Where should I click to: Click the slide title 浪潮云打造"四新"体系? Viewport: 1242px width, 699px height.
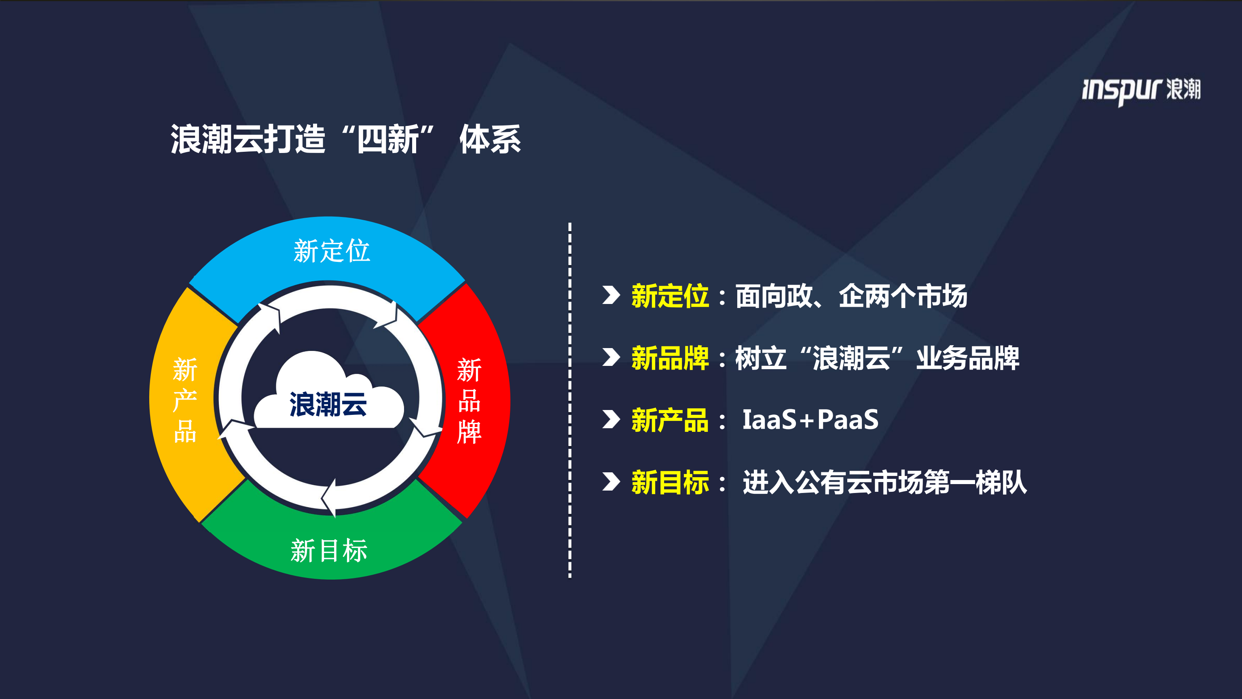coord(345,139)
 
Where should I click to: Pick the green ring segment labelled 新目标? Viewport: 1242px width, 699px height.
coord(329,550)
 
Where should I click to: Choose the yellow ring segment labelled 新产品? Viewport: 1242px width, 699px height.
coord(185,400)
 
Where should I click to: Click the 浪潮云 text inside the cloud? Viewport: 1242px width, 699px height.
coord(328,404)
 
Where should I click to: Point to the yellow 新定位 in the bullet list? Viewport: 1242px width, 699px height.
coord(670,296)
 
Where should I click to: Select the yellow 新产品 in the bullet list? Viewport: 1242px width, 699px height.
coord(670,420)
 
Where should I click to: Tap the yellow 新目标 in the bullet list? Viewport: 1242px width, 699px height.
coord(670,482)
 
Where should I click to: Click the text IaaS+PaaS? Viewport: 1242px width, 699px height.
coord(810,420)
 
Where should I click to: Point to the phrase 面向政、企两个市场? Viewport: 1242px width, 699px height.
coord(851,296)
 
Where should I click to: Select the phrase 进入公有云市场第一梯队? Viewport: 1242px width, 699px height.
coord(884,482)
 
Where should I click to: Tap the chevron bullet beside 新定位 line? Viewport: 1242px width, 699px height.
coord(611,295)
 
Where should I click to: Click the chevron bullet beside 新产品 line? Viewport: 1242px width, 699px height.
coord(611,419)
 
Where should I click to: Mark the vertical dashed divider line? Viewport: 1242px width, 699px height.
coord(570,400)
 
